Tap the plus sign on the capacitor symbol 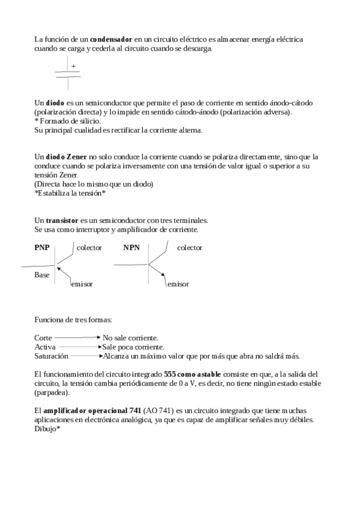73,66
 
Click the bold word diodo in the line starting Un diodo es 55,103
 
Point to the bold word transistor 66,220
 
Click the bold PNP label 43,247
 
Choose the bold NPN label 132,247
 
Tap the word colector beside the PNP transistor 90,247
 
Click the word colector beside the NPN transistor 189,247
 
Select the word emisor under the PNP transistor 82,284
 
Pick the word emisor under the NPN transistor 177,284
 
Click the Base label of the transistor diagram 42,274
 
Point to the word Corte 43,338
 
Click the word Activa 45,347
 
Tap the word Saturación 51,356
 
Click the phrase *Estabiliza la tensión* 70,193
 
